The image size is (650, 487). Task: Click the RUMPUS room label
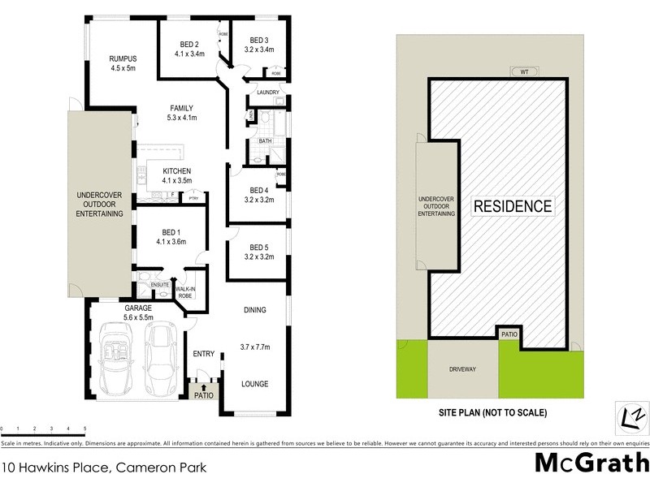point(123,58)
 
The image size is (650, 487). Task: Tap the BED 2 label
point(188,41)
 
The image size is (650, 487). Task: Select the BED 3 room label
point(259,41)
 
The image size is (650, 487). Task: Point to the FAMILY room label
point(180,108)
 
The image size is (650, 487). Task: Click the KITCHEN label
point(176,171)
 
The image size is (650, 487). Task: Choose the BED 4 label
point(259,190)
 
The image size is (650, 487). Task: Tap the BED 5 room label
point(259,247)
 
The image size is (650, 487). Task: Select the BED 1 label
point(171,231)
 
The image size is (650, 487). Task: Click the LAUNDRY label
point(267,93)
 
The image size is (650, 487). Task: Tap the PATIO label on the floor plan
point(203,396)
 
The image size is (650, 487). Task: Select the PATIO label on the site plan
point(509,334)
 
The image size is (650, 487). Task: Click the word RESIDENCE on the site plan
point(512,206)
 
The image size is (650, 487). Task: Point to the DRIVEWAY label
point(462,369)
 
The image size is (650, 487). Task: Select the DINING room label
point(256,309)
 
